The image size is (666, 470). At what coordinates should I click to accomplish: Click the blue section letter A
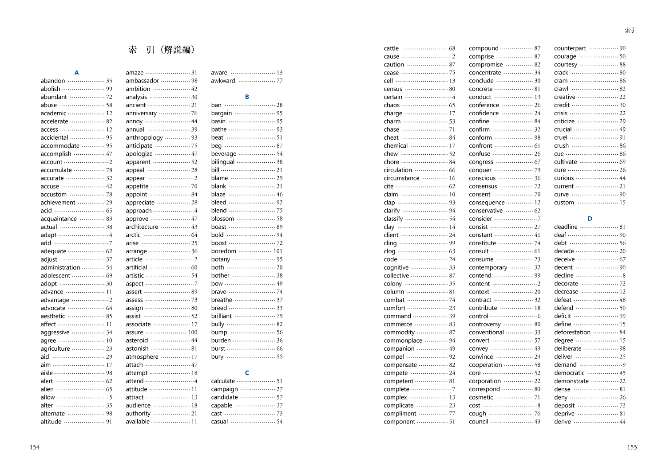click(x=76, y=73)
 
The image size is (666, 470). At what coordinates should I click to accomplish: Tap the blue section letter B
click(x=247, y=97)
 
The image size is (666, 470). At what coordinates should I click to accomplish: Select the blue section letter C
click(x=247, y=373)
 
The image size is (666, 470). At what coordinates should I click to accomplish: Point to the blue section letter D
click(x=590, y=219)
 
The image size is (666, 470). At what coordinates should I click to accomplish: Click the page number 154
click(x=35, y=447)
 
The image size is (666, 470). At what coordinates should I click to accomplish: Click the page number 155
click(x=632, y=447)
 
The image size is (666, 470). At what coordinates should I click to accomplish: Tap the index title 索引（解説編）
click(x=162, y=50)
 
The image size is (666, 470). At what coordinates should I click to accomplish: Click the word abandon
click(x=53, y=81)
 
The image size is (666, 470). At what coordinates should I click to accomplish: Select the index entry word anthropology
click(x=144, y=137)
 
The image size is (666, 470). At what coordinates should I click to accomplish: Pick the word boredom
click(x=224, y=251)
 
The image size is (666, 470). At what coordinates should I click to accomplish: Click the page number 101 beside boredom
click(x=278, y=251)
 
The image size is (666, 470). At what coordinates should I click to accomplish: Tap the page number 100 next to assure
click(x=193, y=332)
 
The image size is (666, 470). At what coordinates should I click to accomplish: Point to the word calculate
click(x=223, y=381)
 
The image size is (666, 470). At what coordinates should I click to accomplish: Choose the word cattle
click(x=391, y=48)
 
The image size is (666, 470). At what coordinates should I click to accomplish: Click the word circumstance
click(x=401, y=178)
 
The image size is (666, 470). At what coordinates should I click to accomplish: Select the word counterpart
click(x=570, y=48)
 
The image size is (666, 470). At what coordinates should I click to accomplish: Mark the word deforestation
click(x=572, y=332)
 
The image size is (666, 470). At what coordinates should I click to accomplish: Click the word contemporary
click(x=488, y=267)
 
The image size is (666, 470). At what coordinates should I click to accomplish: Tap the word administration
click(x=60, y=267)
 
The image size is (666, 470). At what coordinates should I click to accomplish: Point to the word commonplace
click(x=403, y=341)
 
